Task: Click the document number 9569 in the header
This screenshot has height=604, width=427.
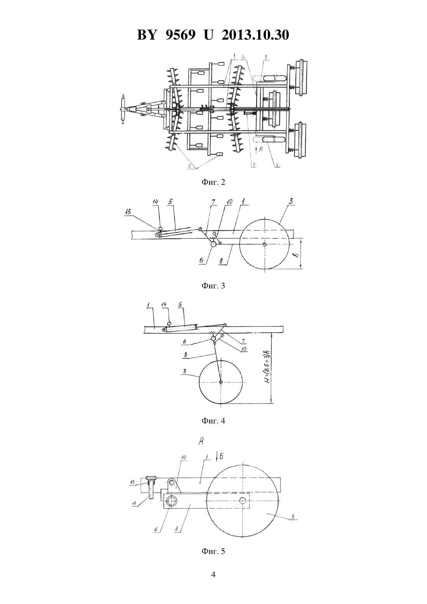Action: point(180,35)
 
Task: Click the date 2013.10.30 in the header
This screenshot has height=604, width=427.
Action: point(255,35)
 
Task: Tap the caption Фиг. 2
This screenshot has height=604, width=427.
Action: point(213,182)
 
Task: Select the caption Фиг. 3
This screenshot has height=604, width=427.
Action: point(213,286)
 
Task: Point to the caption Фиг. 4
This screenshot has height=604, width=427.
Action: point(213,421)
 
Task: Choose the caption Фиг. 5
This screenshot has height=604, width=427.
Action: point(213,551)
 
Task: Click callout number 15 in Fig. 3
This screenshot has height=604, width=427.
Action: point(128,212)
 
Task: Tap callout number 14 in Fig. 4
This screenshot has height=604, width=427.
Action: point(164,305)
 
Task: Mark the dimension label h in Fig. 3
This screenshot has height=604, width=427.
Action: point(297,254)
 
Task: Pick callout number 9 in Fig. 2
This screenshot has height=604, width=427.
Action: point(266,57)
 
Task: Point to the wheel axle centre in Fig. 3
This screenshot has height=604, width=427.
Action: point(265,245)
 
